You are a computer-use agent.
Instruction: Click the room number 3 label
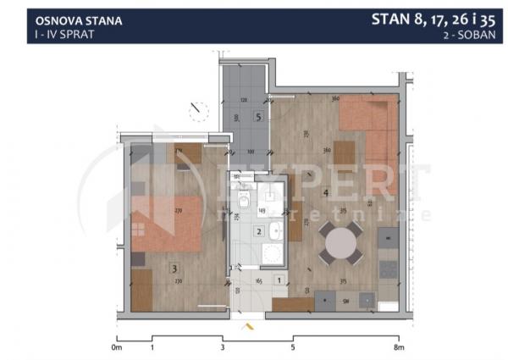(x=175, y=269)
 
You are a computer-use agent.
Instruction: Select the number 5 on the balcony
(x=257, y=116)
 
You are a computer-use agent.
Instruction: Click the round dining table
(x=344, y=243)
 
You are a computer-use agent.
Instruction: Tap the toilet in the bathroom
(x=242, y=202)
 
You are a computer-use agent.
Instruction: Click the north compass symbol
(x=200, y=110)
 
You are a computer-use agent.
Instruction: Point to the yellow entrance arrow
(x=248, y=324)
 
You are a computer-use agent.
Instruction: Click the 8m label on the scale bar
(x=398, y=347)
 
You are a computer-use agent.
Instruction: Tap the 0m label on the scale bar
(x=117, y=347)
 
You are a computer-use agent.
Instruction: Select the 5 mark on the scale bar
(x=292, y=347)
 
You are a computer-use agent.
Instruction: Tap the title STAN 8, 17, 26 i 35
(x=439, y=19)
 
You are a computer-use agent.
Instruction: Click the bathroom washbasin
(x=273, y=230)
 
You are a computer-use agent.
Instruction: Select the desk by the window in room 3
(x=188, y=153)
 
